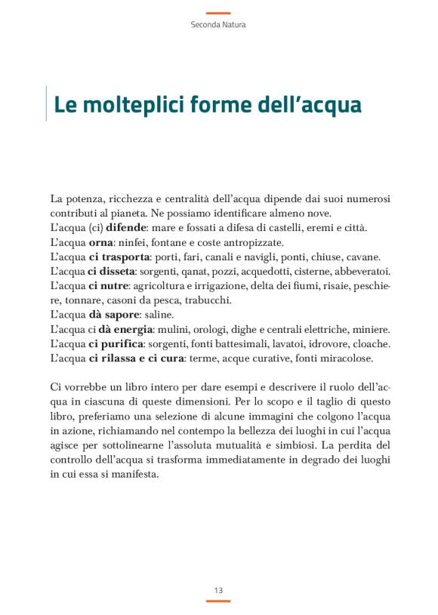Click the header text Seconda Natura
coord(218,24)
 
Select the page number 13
coord(218,590)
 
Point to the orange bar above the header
coord(218,13)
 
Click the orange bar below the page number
coord(218,601)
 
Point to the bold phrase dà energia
coord(127,329)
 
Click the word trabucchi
coord(205,300)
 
